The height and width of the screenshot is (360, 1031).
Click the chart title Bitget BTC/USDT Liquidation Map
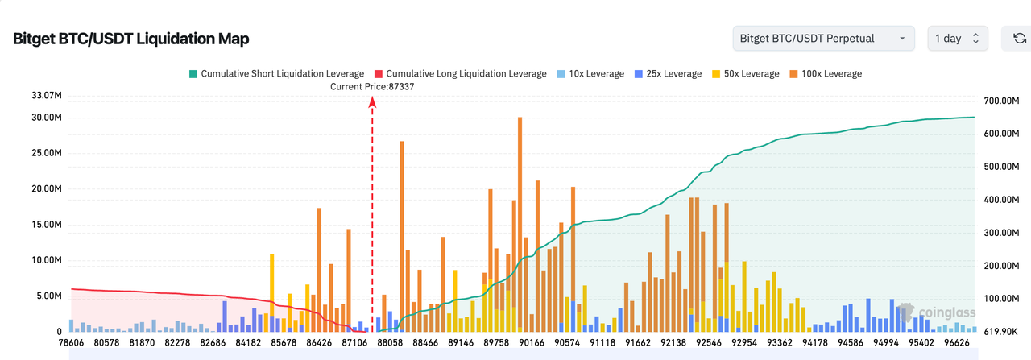pos(131,39)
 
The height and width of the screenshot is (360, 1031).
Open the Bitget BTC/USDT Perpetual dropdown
pos(823,38)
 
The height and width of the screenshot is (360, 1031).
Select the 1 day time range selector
pos(957,38)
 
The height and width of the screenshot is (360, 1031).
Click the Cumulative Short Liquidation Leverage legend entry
pos(275,73)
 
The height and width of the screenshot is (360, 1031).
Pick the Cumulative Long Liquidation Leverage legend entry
pos(459,73)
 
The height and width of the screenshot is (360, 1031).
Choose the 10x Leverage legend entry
pos(590,73)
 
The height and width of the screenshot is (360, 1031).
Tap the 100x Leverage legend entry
pos(826,73)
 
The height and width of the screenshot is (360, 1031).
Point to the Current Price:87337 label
pos(372,86)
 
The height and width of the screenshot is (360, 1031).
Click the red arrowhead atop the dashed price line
pos(372,101)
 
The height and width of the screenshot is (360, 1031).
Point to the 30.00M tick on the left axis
pos(46,118)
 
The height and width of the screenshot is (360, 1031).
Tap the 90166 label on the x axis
pos(531,343)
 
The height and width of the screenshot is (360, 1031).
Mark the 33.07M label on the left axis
pos(46,96)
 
